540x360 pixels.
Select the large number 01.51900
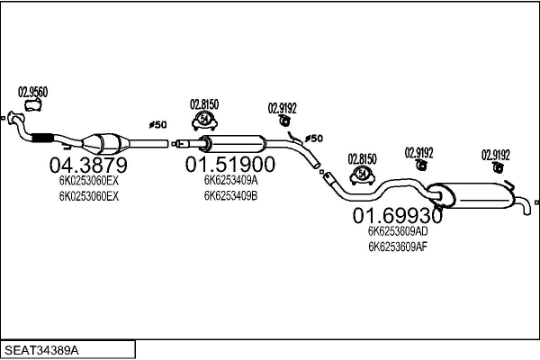click(229, 166)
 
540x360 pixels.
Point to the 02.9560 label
click(33, 91)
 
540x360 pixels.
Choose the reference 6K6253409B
click(230, 195)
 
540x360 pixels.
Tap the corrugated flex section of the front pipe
click(40, 138)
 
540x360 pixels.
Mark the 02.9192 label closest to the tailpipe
click(496, 153)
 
